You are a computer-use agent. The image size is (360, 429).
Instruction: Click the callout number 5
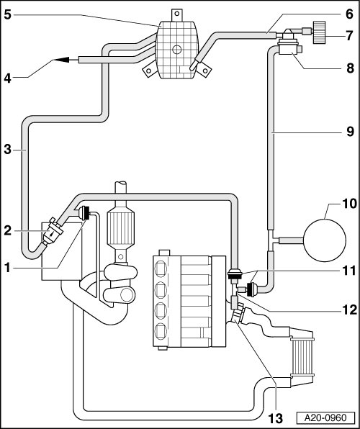[8, 14]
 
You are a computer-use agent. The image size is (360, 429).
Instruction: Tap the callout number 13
[276, 419]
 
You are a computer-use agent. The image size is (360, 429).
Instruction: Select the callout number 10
[349, 204]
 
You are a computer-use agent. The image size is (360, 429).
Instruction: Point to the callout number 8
[350, 68]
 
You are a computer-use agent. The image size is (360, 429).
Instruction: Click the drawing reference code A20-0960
[325, 418]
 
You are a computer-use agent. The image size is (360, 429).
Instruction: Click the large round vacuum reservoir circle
[325, 240]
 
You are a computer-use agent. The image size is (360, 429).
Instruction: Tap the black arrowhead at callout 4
[62, 59]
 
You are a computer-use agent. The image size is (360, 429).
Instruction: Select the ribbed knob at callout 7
[319, 32]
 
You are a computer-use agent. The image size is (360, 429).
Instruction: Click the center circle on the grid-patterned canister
[177, 50]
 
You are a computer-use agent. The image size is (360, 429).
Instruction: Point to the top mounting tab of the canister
[177, 15]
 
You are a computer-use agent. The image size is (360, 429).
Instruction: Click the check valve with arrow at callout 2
[53, 232]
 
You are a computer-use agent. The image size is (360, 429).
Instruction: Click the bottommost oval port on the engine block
[161, 331]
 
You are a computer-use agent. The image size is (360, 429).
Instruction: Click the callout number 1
[7, 268]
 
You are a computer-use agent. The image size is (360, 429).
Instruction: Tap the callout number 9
[350, 132]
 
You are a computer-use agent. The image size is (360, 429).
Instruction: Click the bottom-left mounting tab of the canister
[148, 71]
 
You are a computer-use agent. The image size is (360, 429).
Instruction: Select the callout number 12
[349, 310]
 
